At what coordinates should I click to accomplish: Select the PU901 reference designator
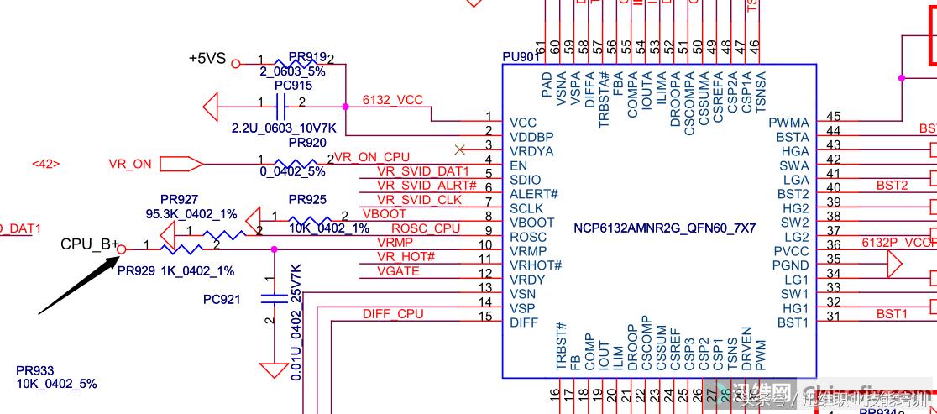pos(521,57)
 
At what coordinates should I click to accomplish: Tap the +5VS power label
pos(207,59)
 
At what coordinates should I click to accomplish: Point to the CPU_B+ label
pos(90,244)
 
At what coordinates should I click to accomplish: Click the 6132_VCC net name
pos(393,100)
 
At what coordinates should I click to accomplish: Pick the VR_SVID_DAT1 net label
pos(422,171)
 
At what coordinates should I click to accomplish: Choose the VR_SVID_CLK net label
pos(419,200)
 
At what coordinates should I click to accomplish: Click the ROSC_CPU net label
pos(426,228)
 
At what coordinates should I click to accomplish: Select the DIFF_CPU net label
pos(393,314)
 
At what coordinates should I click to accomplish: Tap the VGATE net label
pos(398,270)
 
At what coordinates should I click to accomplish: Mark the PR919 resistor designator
pos(307,57)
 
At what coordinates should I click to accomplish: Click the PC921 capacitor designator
pos(222,299)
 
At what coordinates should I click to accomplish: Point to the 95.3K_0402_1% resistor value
pos(191,214)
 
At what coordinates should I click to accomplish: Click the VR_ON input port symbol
pos(181,164)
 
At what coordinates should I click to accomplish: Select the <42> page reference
pos(45,164)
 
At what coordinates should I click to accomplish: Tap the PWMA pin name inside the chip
pos(789,123)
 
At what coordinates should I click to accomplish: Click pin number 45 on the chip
pos(833,117)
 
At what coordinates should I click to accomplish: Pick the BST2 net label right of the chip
pos(892,185)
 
